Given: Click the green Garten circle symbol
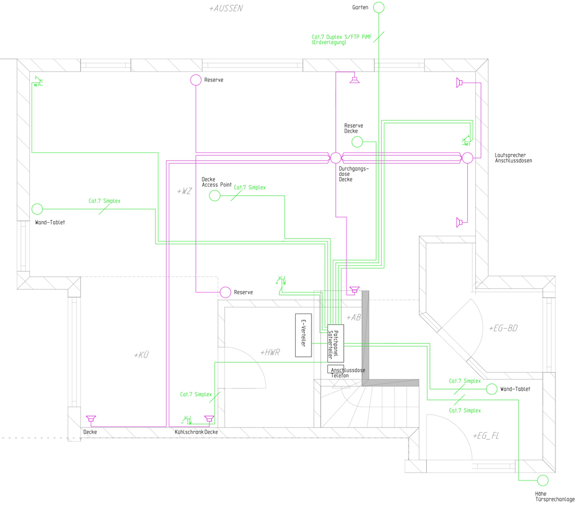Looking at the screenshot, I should [x=379, y=7].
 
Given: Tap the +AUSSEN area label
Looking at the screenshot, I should [x=225, y=8].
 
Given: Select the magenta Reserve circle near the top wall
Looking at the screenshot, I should [x=196, y=80].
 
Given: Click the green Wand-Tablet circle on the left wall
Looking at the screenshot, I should [x=37, y=209].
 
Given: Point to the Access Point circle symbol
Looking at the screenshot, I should [x=214, y=196].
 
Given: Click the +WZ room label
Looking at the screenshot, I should [x=184, y=192].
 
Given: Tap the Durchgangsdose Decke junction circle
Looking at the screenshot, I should [x=335, y=157].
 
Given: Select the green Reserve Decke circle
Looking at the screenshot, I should [x=357, y=142].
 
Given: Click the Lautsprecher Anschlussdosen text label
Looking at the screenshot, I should [x=513, y=158].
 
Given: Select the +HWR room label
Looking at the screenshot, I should [x=270, y=352].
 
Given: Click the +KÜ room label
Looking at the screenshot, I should [x=142, y=355].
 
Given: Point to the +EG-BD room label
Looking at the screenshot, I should [x=503, y=328].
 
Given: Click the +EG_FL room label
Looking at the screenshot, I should [x=486, y=436].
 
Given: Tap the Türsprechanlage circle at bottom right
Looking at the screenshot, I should [x=542, y=480].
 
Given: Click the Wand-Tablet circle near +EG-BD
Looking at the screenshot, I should [x=492, y=389].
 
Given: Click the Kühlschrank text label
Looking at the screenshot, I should [x=189, y=432].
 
